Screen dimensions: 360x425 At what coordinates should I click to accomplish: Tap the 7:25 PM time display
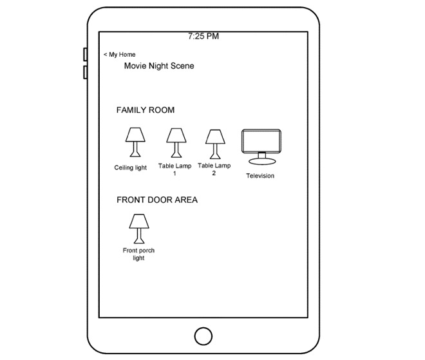coord(203,37)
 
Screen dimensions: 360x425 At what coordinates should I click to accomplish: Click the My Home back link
coord(119,55)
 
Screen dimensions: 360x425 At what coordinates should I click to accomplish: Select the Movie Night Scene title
coord(159,66)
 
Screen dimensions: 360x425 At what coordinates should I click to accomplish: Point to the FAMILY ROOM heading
coord(145,110)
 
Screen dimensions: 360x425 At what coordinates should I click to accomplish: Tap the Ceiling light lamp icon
coord(135,142)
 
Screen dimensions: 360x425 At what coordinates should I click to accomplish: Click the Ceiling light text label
coord(131,168)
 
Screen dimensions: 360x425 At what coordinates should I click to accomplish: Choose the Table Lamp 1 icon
coord(175,142)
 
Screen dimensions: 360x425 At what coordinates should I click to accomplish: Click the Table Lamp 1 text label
coord(175,170)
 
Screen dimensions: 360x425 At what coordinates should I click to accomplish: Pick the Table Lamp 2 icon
coord(214,143)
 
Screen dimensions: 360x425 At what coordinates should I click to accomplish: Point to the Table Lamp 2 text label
coord(214,169)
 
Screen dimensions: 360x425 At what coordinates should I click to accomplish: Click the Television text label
coord(260,176)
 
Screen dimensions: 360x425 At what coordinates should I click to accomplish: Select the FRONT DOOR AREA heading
coord(157,200)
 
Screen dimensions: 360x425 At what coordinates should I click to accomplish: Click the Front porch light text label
coord(138,254)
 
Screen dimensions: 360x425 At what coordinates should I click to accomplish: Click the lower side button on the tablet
coord(85,72)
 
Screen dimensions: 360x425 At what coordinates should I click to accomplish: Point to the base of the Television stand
coord(261,162)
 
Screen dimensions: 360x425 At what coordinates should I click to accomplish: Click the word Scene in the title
coord(182,66)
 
